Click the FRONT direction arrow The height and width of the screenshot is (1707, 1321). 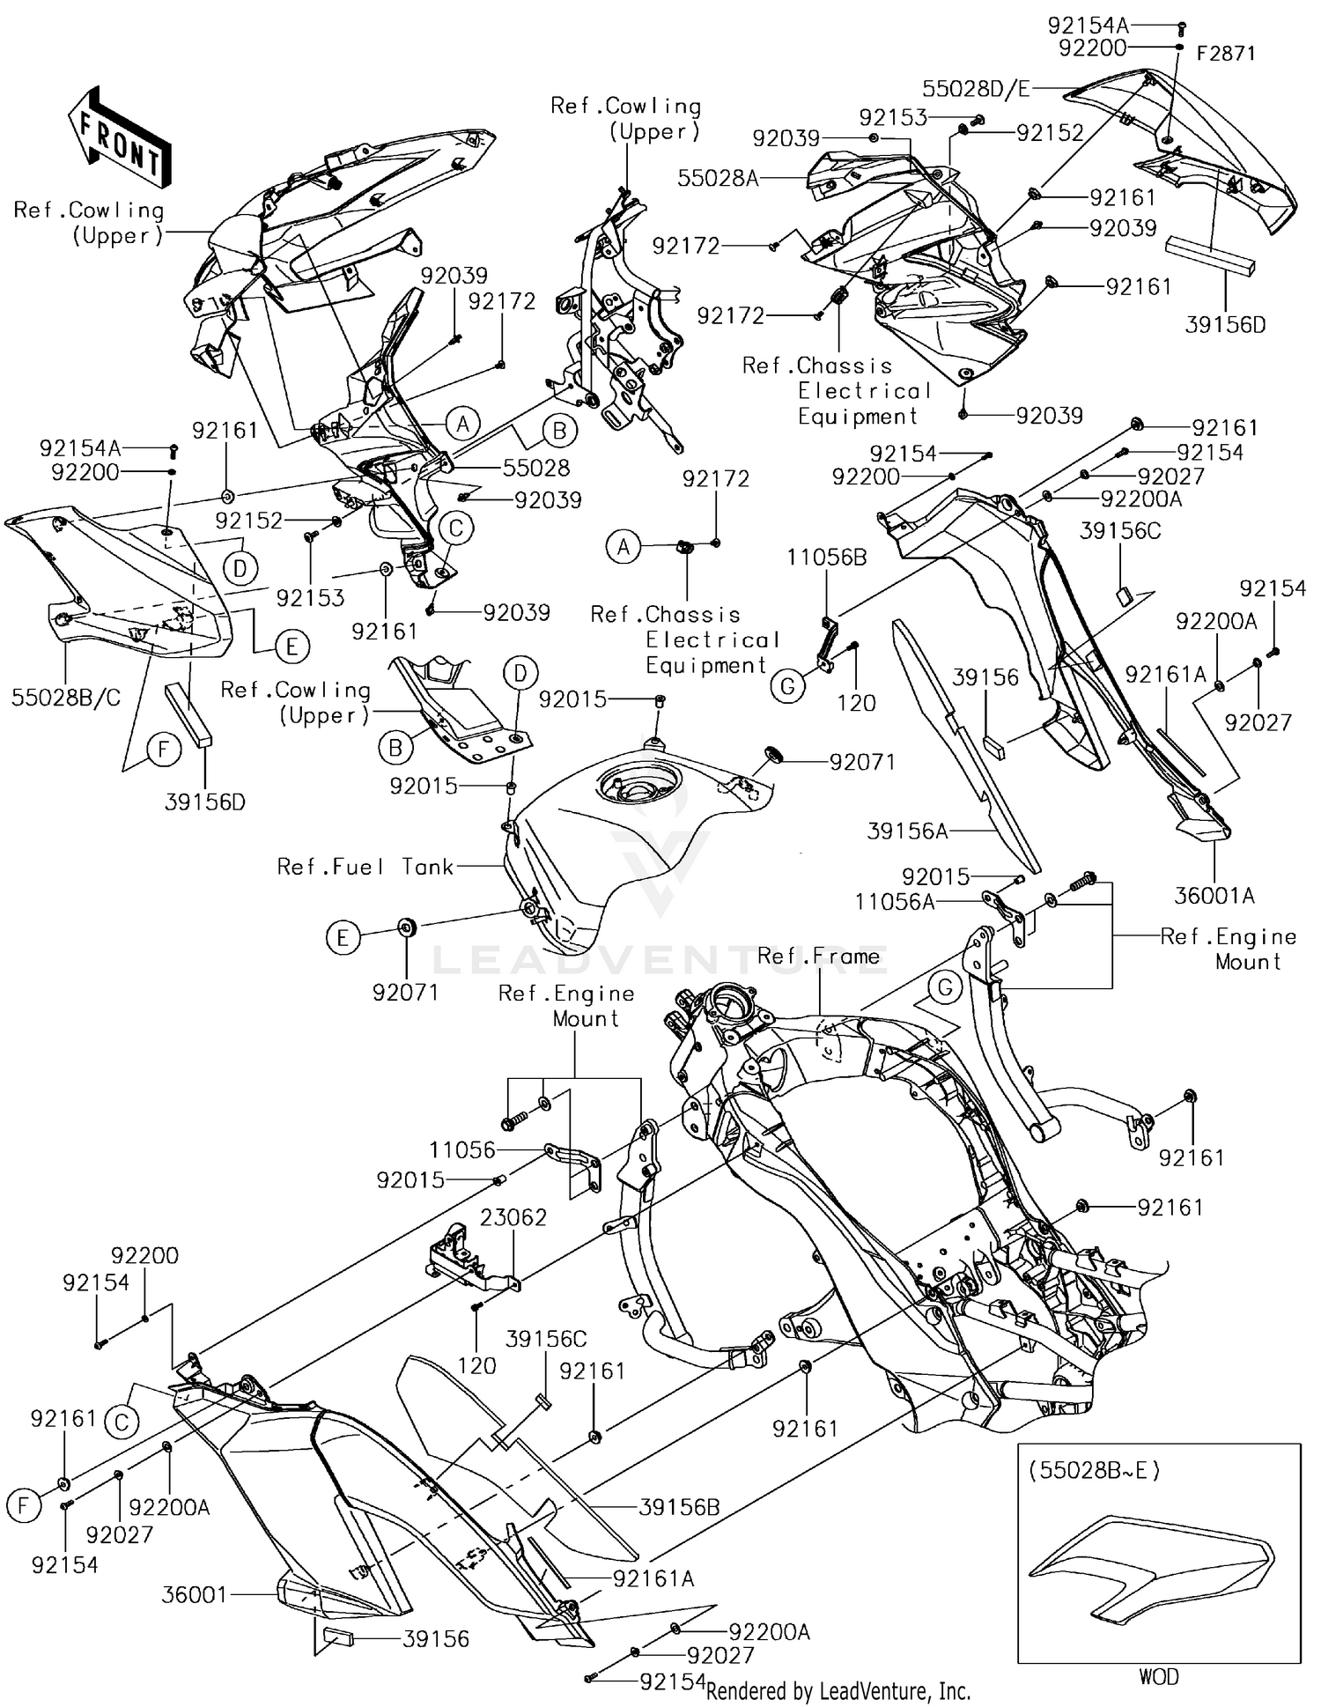(x=118, y=136)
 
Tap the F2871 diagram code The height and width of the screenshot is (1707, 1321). (x=1226, y=54)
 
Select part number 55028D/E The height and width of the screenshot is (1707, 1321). (x=976, y=89)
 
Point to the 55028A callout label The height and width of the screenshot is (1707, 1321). (x=718, y=178)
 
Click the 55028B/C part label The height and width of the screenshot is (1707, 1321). (x=66, y=698)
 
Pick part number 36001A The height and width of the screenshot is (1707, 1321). (x=1214, y=896)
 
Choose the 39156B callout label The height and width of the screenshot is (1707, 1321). (x=679, y=1507)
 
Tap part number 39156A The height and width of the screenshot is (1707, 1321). (x=908, y=831)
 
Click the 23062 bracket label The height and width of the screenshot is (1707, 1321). (x=513, y=1217)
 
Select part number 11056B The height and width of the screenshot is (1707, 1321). (x=827, y=557)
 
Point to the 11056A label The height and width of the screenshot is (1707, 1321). (x=895, y=901)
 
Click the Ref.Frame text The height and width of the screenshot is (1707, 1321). (x=819, y=956)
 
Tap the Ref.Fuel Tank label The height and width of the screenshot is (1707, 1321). (x=365, y=867)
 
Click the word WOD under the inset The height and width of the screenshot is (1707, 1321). (x=1159, y=1676)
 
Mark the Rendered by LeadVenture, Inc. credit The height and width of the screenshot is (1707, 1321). (x=838, y=1690)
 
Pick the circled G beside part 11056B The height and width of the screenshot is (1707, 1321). (x=788, y=686)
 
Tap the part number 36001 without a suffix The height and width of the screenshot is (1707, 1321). (x=195, y=1594)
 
